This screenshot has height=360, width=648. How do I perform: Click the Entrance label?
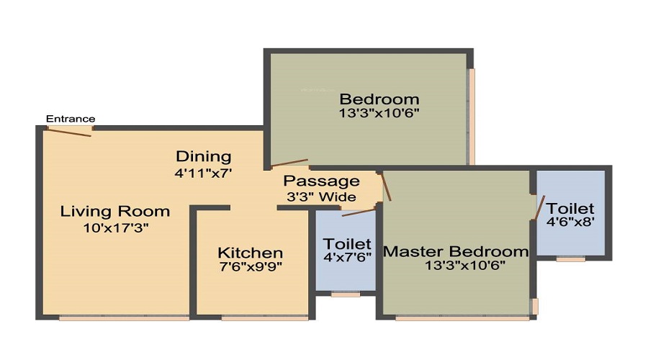(x=71, y=119)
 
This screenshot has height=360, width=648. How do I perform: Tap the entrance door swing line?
(x=69, y=132)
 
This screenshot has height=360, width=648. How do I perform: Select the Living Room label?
(x=115, y=211)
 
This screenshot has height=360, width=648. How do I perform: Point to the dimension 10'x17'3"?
(x=116, y=228)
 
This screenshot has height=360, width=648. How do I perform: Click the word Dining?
(x=204, y=157)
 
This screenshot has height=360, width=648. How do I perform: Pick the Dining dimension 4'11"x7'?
(x=203, y=173)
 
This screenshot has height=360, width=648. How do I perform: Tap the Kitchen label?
(x=251, y=253)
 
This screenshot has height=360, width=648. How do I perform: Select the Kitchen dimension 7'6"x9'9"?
(x=251, y=267)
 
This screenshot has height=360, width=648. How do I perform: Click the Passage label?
(x=322, y=181)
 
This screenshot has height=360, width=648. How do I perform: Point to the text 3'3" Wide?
(x=322, y=197)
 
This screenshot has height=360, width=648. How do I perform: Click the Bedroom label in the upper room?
(x=379, y=99)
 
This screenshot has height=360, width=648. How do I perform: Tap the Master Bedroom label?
(x=456, y=251)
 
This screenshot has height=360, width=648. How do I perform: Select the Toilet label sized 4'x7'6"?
(x=347, y=244)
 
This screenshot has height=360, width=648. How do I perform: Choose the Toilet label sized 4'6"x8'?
(x=570, y=208)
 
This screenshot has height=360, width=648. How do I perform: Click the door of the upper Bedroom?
(x=289, y=163)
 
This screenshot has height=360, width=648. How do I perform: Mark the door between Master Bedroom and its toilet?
(x=540, y=207)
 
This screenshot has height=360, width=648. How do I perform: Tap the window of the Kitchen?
(x=265, y=318)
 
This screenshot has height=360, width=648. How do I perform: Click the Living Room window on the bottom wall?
(x=124, y=318)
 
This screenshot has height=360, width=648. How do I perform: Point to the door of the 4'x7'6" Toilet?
(x=359, y=212)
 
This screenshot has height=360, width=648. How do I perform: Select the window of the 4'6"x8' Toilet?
(x=571, y=259)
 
